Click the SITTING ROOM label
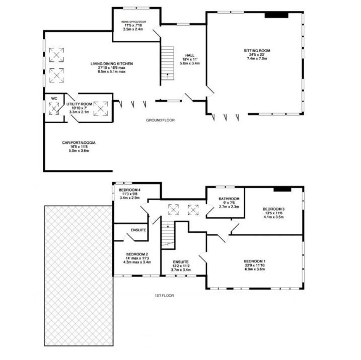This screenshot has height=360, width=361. point(257,51)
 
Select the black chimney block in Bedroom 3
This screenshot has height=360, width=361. point(282,190)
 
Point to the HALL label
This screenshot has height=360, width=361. point(189,56)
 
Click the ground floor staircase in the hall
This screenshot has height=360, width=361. point(167,63)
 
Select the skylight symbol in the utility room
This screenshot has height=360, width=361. point(101,107)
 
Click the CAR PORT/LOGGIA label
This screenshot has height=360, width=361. point(79,143)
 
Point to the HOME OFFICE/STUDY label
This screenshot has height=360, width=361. point(133,22)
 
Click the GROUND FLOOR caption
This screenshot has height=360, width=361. point(160,121)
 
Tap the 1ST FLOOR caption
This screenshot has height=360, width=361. point(165,296)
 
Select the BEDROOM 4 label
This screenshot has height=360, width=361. point(129,190)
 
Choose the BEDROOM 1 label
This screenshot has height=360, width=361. point(254,261)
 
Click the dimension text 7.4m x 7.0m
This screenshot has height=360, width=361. point(257,59)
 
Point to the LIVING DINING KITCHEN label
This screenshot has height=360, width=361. point(111,64)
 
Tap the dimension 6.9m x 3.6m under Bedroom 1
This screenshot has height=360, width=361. point(254,270)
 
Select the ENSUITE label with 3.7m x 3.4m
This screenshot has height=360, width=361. point(180,262)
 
